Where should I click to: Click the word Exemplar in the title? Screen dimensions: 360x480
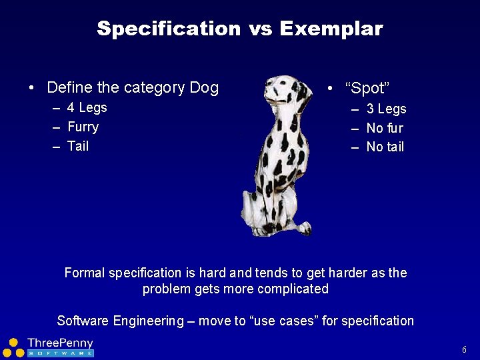point(331,29)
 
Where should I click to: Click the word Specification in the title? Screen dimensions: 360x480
point(168,29)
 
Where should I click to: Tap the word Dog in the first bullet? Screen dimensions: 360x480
point(204,87)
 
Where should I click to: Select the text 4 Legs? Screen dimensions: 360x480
point(87,108)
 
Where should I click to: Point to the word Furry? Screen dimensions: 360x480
point(83,127)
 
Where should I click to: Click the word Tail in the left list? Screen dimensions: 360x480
point(78,147)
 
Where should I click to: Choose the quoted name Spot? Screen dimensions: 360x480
point(367,89)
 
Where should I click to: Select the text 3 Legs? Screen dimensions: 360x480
point(386,109)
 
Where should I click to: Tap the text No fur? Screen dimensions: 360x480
point(385,128)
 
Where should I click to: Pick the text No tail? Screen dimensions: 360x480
point(385,147)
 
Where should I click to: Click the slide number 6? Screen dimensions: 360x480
point(464,349)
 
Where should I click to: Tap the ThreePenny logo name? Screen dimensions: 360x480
point(60,343)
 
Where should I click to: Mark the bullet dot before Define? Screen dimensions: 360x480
point(31,88)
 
